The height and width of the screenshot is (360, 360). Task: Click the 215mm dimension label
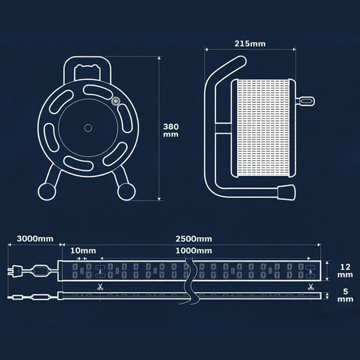250,44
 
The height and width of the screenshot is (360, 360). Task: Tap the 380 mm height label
171,130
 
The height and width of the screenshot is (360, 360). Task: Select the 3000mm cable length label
35,239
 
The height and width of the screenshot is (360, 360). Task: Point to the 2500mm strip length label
194,239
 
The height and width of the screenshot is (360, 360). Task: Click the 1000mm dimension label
194,250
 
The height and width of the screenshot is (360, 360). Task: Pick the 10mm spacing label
83,250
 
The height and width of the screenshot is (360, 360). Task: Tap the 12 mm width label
345,271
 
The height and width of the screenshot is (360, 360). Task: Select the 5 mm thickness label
345,295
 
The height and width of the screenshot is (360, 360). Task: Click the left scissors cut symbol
100,287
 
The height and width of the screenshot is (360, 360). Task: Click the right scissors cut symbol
311,287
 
